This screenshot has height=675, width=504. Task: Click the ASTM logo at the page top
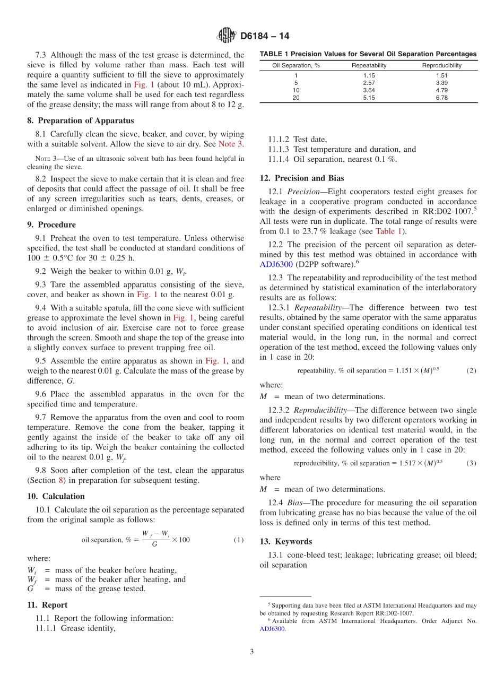point(227,36)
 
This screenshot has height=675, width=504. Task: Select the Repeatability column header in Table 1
point(369,65)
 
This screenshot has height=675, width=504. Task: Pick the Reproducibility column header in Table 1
point(441,65)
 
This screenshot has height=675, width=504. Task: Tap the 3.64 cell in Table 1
point(369,90)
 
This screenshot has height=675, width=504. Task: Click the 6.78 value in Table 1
point(441,98)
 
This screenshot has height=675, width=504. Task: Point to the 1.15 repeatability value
point(369,75)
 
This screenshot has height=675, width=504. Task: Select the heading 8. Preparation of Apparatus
point(80,120)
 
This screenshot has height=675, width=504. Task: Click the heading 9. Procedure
point(51,224)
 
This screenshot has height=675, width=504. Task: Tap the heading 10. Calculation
point(56,496)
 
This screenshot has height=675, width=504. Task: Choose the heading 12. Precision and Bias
point(301,178)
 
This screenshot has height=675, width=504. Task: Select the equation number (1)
point(239,540)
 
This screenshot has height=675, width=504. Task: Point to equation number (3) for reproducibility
point(471,463)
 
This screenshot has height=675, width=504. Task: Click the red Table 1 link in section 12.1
point(388,231)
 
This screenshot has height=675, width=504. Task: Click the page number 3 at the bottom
point(252,651)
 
